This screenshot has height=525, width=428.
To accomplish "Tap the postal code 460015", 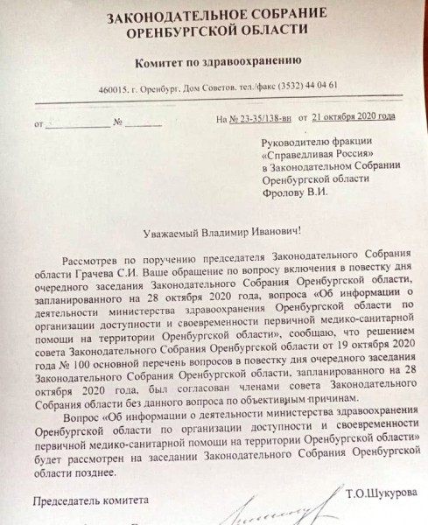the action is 116,88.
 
